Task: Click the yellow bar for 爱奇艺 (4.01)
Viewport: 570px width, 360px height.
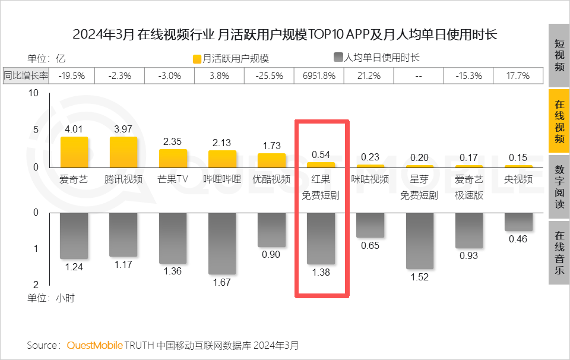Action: coord(74,152)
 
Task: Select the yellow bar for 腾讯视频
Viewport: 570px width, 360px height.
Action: coord(123,152)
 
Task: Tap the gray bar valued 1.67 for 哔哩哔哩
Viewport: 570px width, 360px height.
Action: coord(222,243)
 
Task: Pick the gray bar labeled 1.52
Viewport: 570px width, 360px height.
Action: coord(419,240)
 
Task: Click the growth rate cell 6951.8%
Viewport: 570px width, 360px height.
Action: coord(319,75)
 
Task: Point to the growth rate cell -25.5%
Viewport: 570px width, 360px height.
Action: coord(270,75)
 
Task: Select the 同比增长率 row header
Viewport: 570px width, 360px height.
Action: coord(26,75)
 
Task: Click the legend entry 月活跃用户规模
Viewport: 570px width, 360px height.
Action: coord(231,59)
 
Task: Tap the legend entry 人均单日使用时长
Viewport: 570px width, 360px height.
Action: coord(376,58)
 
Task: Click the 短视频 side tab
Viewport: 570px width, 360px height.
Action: coord(559,55)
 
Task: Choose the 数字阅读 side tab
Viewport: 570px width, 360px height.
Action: coord(559,186)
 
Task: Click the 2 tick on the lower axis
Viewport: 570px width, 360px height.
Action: coord(36,285)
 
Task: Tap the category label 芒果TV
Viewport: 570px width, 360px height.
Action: coord(173,179)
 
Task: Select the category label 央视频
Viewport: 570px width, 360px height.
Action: coord(518,179)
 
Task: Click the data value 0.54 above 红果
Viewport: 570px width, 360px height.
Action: coord(321,154)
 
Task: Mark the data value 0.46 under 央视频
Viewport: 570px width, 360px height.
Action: coord(518,239)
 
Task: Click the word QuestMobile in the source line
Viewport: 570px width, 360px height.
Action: coord(95,345)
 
